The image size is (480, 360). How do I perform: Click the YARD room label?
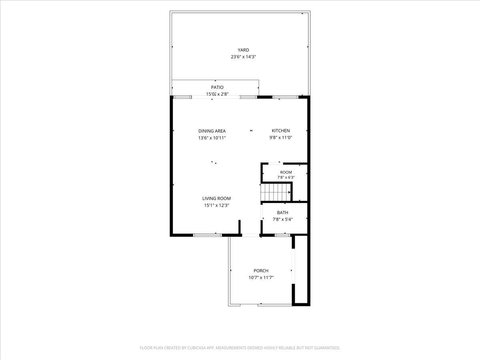pyautogui.click(x=243, y=50)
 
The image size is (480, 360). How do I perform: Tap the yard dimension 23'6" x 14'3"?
pyautogui.click(x=243, y=57)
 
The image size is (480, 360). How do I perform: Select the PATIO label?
pyautogui.click(x=217, y=88)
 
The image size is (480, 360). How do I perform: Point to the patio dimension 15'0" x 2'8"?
pyautogui.click(x=217, y=94)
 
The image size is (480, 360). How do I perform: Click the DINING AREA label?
pyautogui.click(x=212, y=131)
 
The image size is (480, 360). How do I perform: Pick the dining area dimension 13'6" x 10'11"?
pyautogui.click(x=212, y=138)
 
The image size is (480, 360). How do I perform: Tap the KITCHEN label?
pyautogui.click(x=280, y=131)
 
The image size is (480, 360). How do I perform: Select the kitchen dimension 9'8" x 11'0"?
pyautogui.click(x=280, y=138)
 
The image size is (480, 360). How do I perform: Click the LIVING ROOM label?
pyautogui.click(x=216, y=198)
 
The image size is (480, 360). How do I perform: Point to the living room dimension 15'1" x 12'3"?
pyautogui.click(x=216, y=205)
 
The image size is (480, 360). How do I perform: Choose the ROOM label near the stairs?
pyautogui.click(x=286, y=172)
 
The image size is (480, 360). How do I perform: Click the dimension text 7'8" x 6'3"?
pyautogui.click(x=286, y=178)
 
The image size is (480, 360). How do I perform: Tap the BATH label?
pyautogui.click(x=282, y=212)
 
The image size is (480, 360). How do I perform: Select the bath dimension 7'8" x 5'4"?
pyautogui.click(x=282, y=219)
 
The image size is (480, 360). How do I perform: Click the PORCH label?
pyautogui.click(x=261, y=271)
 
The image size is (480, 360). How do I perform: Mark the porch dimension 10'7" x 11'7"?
pyautogui.click(x=261, y=278)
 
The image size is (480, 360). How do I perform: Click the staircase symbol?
pyautogui.click(x=276, y=192)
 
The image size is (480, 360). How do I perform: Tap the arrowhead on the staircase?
pyautogui.click(x=289, y=192)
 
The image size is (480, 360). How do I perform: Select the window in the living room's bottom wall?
pyautogui.click(x=207, y=235)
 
